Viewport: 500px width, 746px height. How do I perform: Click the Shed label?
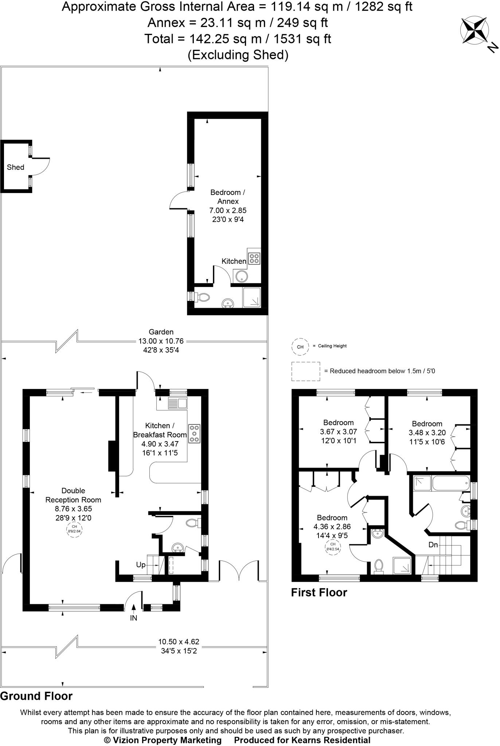(x=15, y=167)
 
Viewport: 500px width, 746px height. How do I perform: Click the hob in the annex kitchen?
(x=254, y=258)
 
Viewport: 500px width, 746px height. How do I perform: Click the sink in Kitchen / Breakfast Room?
(x=177, y=403)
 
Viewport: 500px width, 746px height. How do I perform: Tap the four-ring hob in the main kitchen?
(x=194, y=433)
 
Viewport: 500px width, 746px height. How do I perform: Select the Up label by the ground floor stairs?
(x=141, y=565)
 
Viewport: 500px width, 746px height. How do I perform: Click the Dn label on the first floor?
(x=433, y=545)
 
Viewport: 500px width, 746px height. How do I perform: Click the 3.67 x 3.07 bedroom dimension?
(x=338, y=432)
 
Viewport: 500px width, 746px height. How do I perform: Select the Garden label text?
(x=161, y=332)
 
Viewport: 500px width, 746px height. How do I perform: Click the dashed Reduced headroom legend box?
(x=306, y=371)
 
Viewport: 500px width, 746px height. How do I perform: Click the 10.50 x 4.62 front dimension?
(x=179, y=641)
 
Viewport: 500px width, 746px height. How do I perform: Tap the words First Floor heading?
(x=319, y=592)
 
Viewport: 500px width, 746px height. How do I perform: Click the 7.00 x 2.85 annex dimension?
(x=228, y=210)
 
